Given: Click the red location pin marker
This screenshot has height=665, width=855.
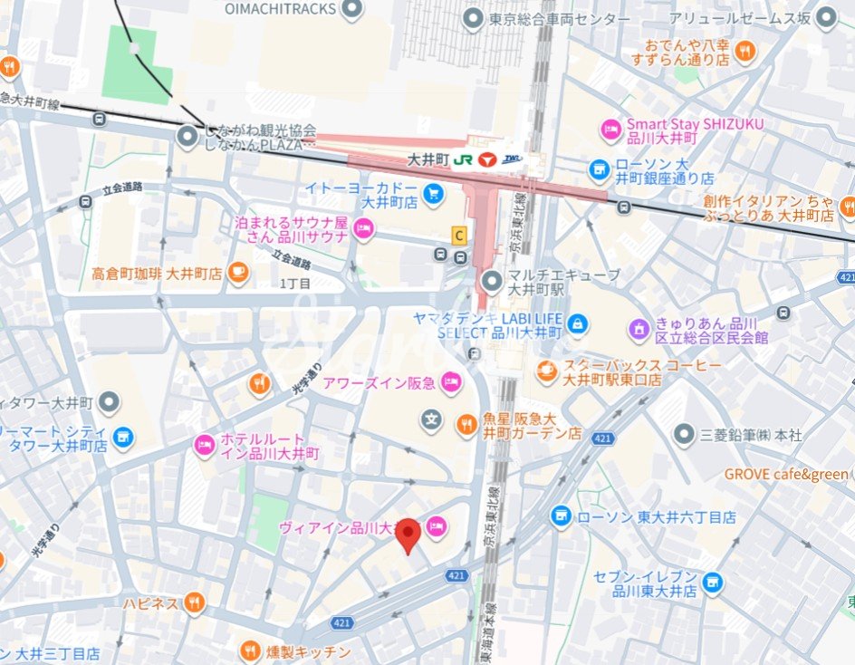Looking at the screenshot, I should [x=408, y=535].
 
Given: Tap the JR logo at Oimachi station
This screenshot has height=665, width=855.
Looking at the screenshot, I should [x=463, y=159].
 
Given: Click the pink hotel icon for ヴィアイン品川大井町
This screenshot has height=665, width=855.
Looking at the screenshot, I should [x=436, y=525].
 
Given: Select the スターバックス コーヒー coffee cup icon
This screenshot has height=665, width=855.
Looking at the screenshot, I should [x=546, y=370].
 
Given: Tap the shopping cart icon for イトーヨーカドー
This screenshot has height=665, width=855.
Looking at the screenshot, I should [x=434, y=193].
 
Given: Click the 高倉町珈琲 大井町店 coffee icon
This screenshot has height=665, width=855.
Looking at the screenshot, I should [x=237, y=272].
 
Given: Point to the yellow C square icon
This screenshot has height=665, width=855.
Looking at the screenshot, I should [x=459, y=236].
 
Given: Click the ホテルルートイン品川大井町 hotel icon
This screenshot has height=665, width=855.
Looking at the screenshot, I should [x=205, y=445].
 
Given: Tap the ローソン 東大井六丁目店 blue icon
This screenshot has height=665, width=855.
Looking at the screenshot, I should [x=562, y=516].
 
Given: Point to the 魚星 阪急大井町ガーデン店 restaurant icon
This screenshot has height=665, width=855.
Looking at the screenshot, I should [x=466, y=422].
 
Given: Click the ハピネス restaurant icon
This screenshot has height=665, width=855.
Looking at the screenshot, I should [x=194, y=602].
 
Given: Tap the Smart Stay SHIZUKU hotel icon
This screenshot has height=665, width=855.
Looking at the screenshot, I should [x=610, y=130].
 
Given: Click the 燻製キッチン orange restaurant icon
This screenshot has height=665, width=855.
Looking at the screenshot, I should [x=251, y=651].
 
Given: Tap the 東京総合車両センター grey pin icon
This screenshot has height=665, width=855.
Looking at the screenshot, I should [x=473, y=19].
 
